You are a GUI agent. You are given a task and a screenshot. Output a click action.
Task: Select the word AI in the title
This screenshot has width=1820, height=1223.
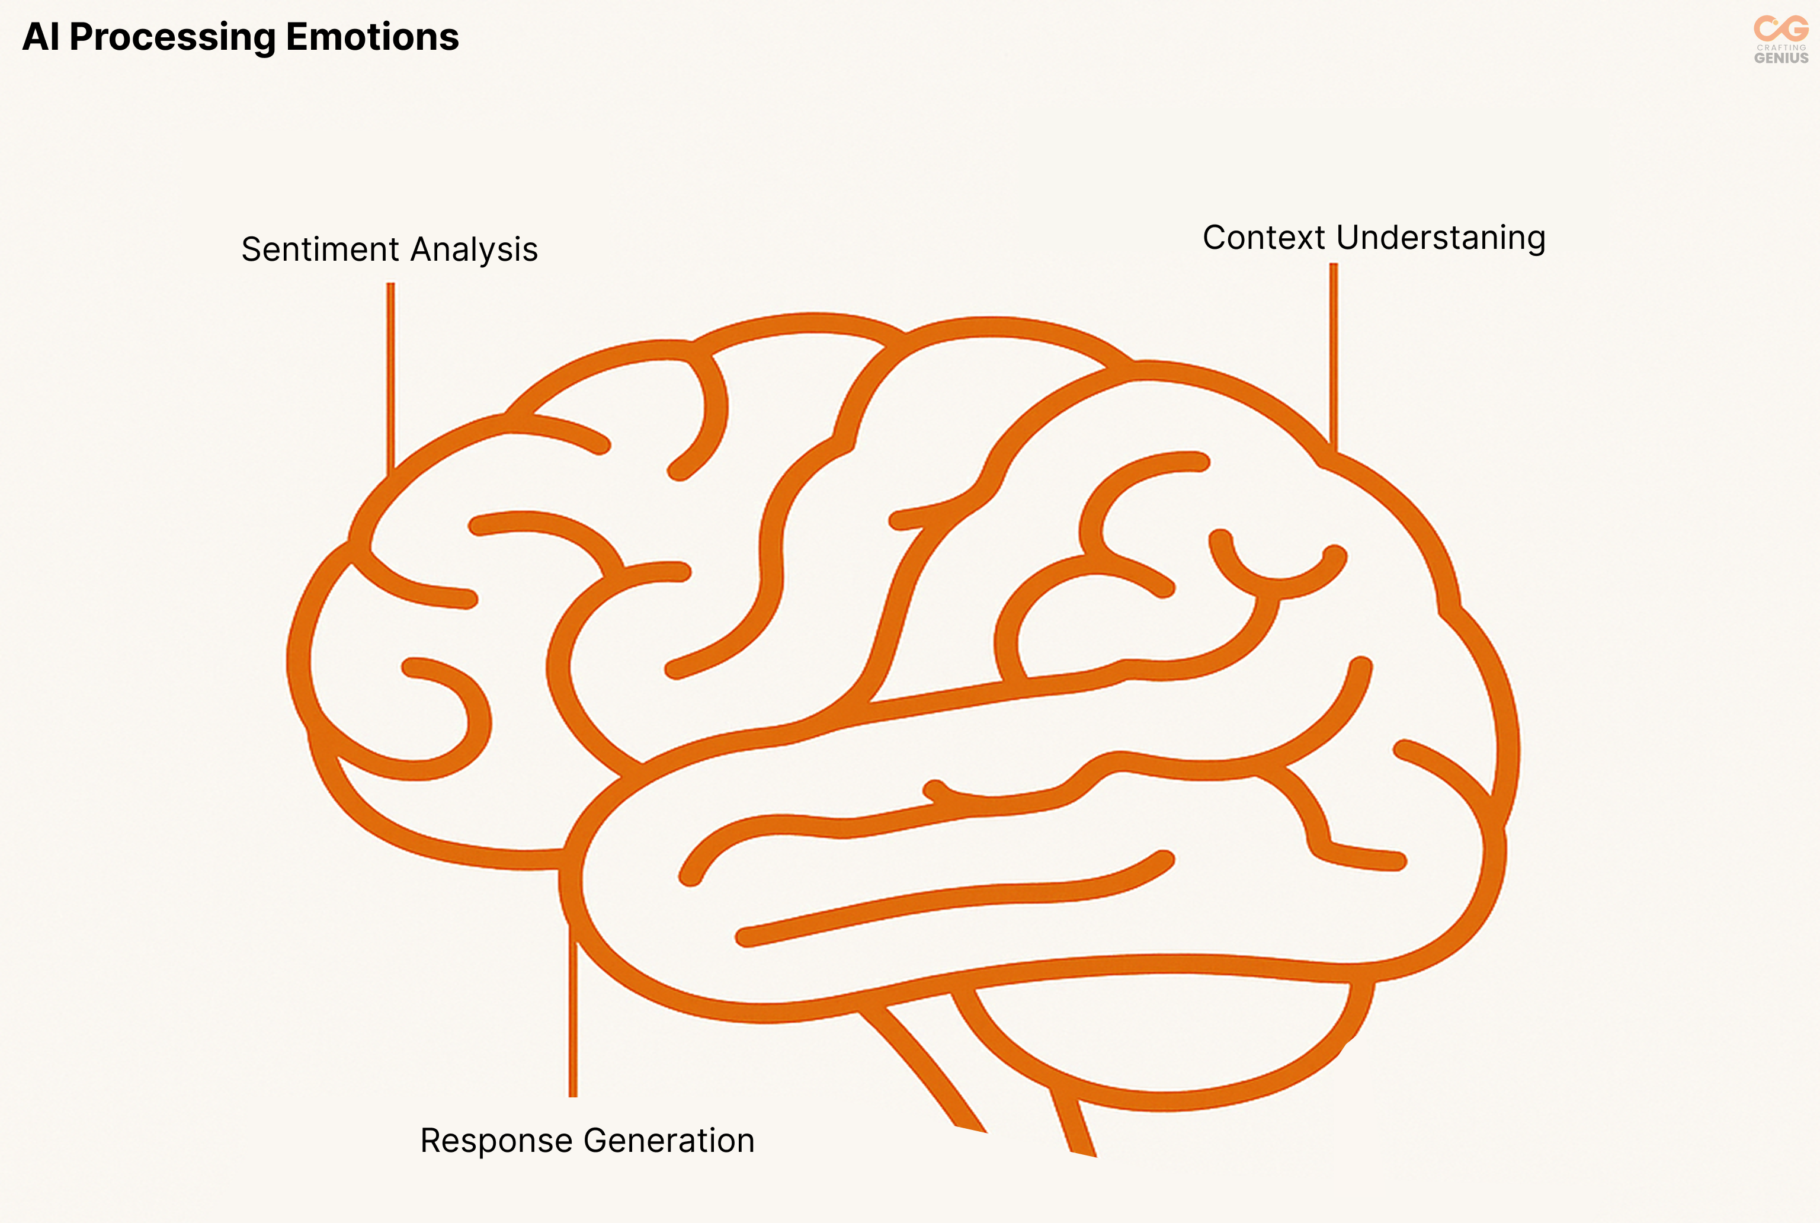click(x=40, y=37)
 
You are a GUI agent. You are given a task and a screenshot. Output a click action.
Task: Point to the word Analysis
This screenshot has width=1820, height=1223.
click(x=474, y=249)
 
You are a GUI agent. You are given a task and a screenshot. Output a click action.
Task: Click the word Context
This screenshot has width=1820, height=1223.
click(x=1263, y=238)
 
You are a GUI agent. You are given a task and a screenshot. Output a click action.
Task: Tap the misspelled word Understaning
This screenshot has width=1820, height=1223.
click(x=1440, y=238)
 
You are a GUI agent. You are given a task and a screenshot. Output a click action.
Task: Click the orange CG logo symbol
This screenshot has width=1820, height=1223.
click(x=1781, y=29)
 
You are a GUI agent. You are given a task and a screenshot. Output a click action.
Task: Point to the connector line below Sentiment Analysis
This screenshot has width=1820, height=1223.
click(x=390, y=374)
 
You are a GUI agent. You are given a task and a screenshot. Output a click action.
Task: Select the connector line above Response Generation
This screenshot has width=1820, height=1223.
click(x=573, y=1014)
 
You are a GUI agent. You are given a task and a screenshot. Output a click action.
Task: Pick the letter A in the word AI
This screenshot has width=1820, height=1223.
click(x=34, y=37)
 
